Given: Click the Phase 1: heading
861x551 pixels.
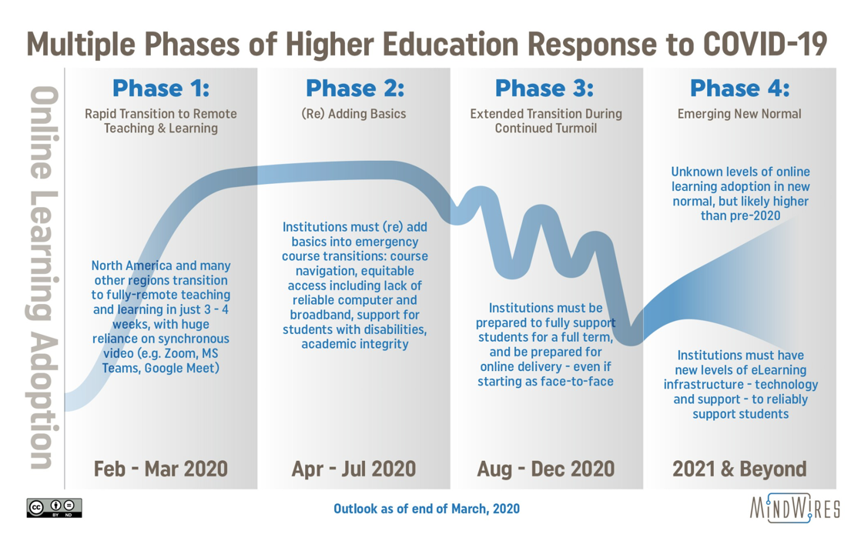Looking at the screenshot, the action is pos(161,88).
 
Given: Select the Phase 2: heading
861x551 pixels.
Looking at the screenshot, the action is pos(355,88).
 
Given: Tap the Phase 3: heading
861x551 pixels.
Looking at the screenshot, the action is pos(544,88).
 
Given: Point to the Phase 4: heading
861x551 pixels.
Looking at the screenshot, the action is pos(739,88).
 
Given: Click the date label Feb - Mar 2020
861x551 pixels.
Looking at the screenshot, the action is pos(160,469).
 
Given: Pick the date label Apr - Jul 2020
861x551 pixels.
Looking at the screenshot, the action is pos(353,469).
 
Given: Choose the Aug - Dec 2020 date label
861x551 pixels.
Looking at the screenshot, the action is pos(546,469).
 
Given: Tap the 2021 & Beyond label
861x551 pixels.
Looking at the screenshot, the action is pos(739,469).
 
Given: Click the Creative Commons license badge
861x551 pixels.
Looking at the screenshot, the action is pos(55,508).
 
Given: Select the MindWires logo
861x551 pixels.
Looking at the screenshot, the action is pos(795,508).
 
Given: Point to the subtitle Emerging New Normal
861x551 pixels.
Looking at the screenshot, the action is pos(739,114).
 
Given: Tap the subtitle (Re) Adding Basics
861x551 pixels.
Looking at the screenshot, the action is pos(353,114).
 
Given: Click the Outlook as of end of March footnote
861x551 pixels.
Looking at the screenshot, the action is pos(427,509).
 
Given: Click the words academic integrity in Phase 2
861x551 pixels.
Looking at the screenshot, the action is pos(355,344).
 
